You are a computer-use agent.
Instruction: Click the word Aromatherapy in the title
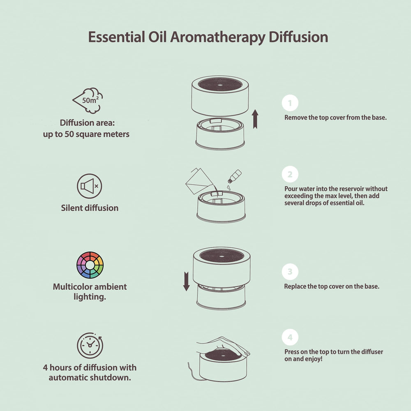click(218, 37)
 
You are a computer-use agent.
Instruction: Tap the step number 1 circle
click(290, 103)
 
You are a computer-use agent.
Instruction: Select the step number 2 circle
click(290, 174)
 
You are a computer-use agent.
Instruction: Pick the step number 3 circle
click(290, 272)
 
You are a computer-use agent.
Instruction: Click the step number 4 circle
click(290, 338)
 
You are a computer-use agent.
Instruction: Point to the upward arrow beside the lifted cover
click(255, 119)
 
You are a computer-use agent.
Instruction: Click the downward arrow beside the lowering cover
click(186, 282)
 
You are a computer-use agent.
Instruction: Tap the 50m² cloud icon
click(88, 100)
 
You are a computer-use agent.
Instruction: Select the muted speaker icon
click(89, 186)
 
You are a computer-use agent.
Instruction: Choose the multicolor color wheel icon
click(90, 265)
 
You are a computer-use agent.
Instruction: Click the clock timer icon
click(90, 345)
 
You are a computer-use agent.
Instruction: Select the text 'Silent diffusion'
click(90, 208)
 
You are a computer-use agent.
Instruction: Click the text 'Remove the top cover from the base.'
click(336, 118)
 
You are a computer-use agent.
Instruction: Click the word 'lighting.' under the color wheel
click(90, 296)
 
